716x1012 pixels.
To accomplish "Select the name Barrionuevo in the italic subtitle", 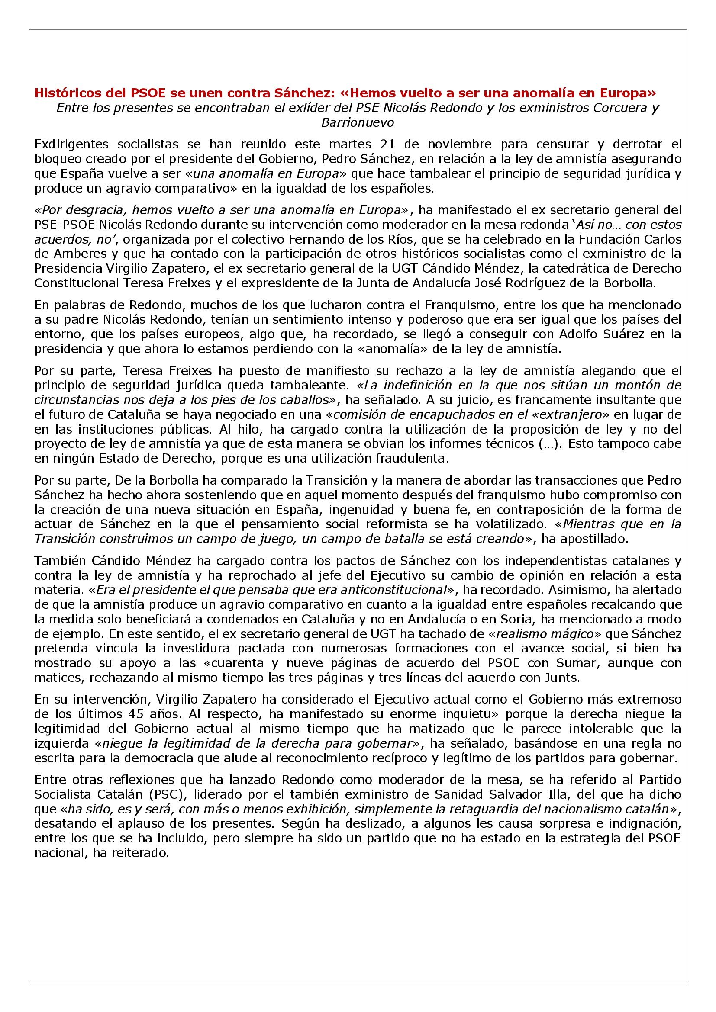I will click(x=358, y=122).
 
